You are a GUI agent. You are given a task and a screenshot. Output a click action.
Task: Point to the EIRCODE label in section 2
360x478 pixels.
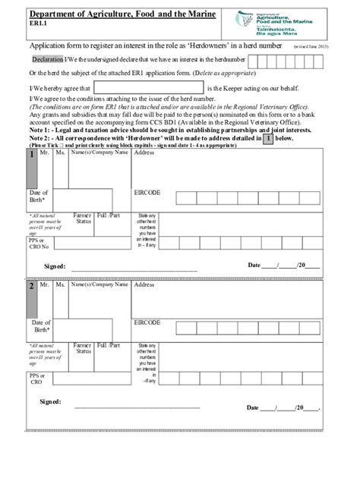[x=147, y=322]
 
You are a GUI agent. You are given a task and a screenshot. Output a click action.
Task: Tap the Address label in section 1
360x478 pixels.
[x=144, y=153]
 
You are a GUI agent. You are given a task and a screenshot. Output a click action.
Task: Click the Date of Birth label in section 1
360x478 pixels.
[x=39, y=197]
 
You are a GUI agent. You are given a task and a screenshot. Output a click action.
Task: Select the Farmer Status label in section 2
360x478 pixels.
[x=83, y=348]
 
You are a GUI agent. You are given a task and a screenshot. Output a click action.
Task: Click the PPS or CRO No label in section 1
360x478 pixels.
[x=39, y=244]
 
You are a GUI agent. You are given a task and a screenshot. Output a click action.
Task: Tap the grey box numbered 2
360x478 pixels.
[x=32, y=288]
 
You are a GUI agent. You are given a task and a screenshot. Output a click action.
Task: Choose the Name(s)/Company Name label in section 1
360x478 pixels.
[x=99, y=153]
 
